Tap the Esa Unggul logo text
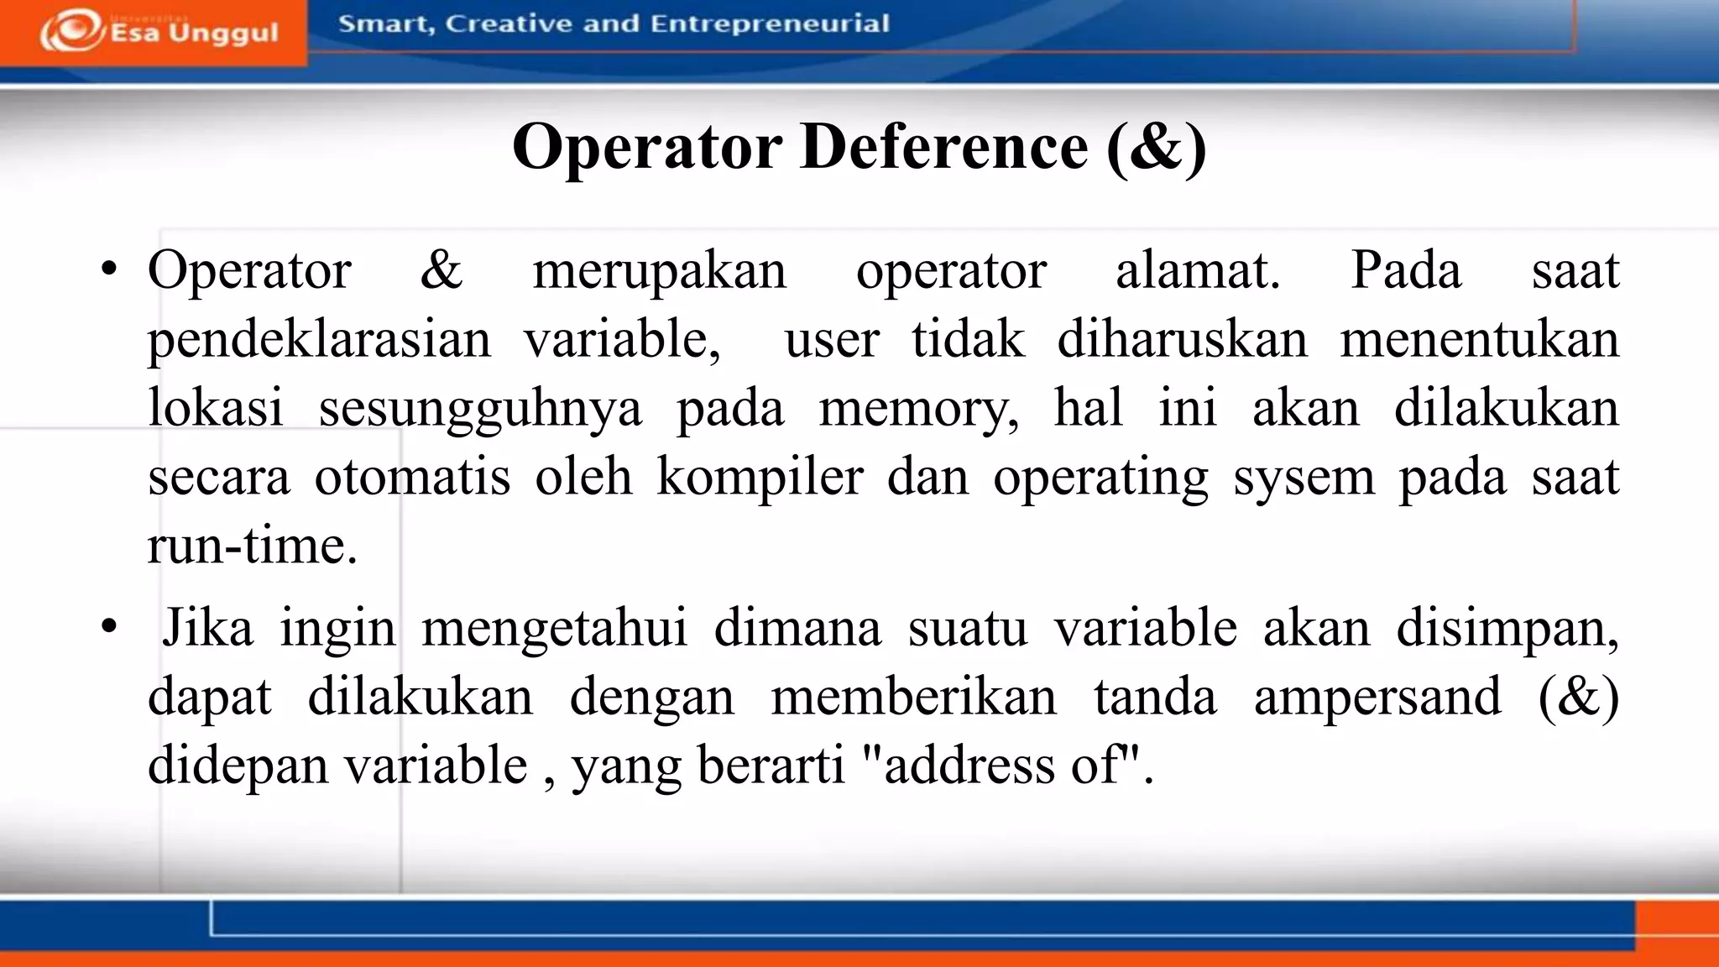194,33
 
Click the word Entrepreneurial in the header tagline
770,24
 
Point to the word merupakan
660,272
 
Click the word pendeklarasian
319,341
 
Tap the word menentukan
1479,339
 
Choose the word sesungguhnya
480,410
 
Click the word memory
918,410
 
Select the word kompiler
760,478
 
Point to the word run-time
252,546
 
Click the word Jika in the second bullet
207,628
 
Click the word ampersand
1377,697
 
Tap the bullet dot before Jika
108,627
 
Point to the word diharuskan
1182,339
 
